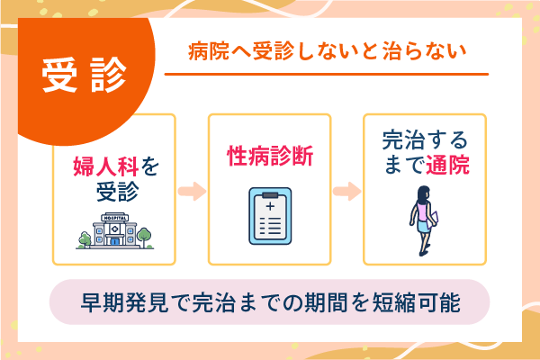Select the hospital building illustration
pyautogui.click(x=115, y=230)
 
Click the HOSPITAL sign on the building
pyautogui.click(x=115, y=217)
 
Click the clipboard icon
pyautogui.click(x=270, y=216)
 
